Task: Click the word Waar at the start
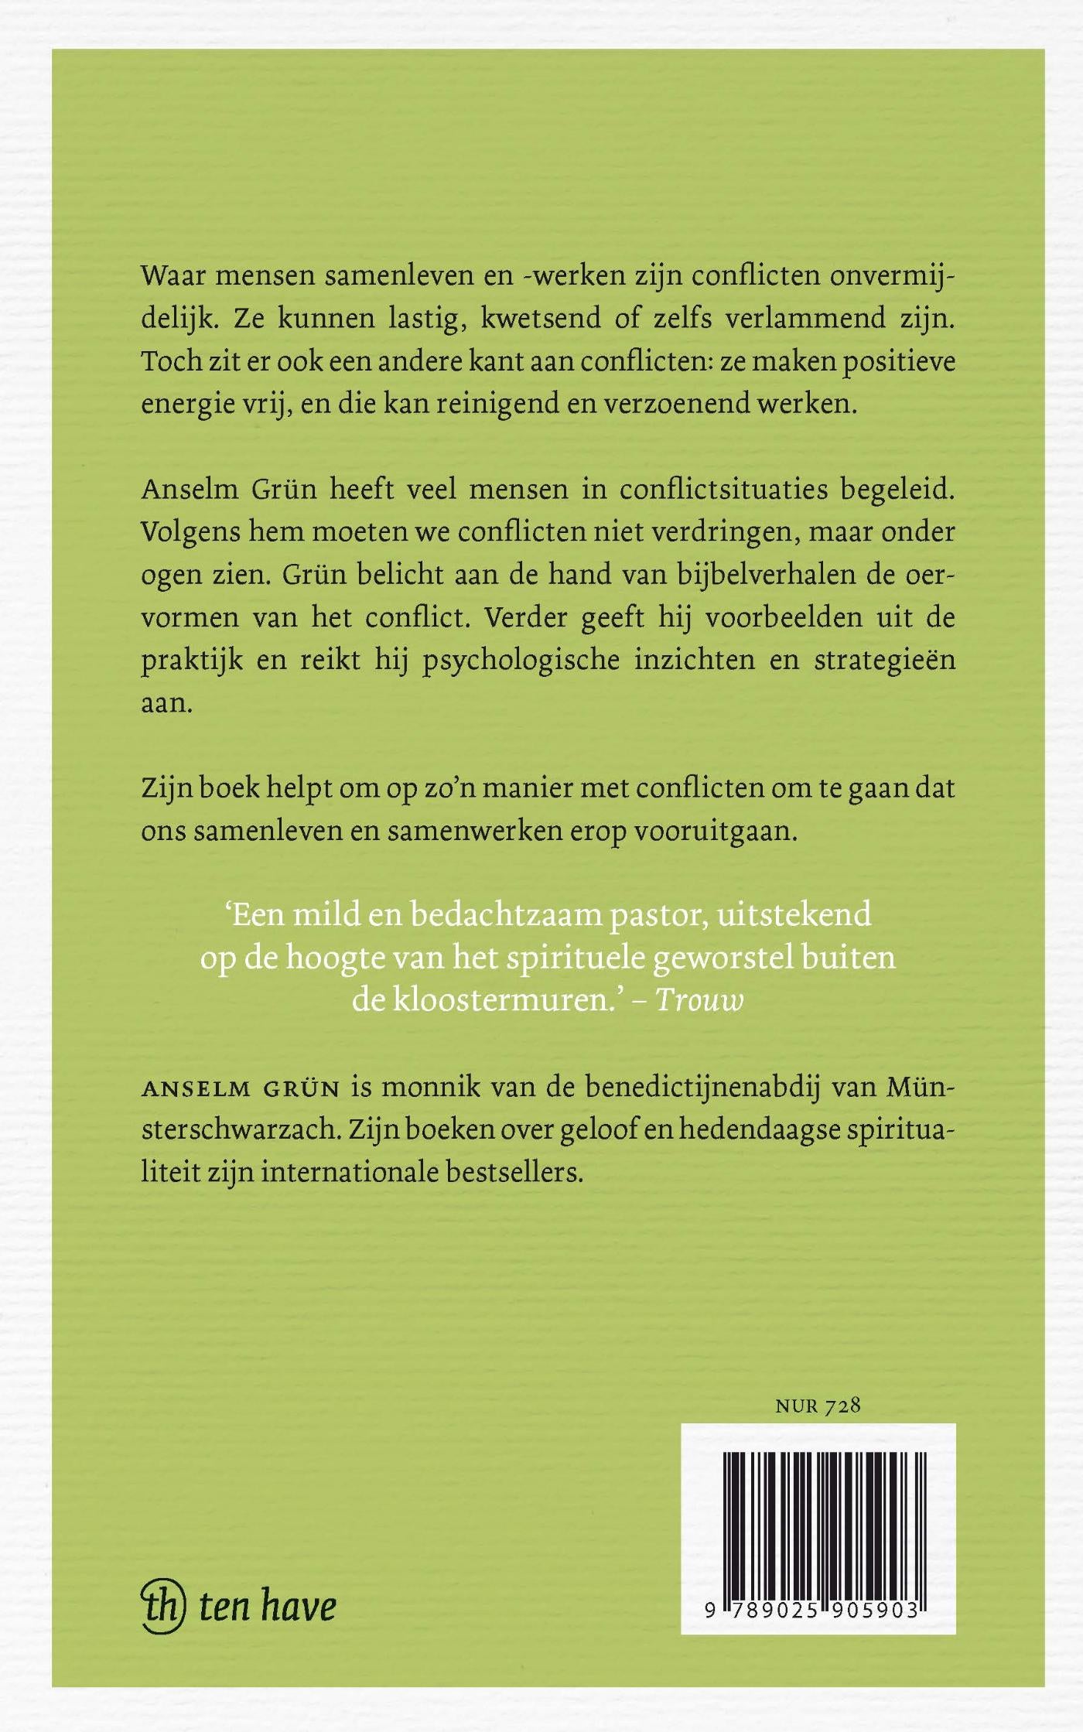point(171,276)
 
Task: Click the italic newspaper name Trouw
point(699,1000)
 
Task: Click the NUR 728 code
point(818,1406)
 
